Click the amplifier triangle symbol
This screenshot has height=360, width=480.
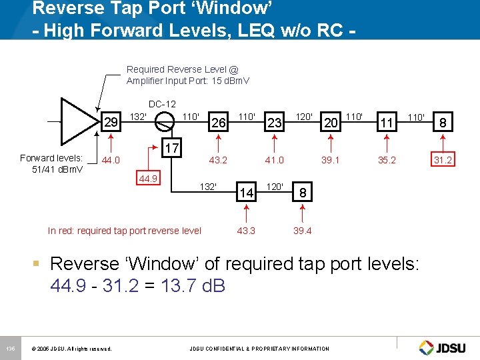pos(77,121)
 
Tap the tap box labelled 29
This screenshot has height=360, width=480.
pos(111,122)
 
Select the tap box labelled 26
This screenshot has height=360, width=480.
pos(218,122)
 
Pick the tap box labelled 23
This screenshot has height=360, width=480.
pos(273,122)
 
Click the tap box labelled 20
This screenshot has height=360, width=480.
pos(330,122)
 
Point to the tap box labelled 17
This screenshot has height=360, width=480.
pos(171,148)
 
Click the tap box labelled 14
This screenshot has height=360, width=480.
pos(247,193)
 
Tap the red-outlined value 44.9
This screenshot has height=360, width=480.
pos(148,179)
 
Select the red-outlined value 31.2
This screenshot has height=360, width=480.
pos(443,160)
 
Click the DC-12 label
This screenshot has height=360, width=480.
pos(162,104)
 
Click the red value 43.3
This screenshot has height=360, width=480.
pos(247,231)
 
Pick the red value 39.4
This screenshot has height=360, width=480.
pos(302,231)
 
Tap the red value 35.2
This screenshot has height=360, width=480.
pos(387,160)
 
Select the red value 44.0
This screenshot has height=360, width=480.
pos(111,160)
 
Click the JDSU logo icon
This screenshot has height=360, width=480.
pos(427,347)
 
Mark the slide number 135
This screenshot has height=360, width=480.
pos(11,348)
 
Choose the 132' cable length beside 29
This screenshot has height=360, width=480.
pos(138,116)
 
